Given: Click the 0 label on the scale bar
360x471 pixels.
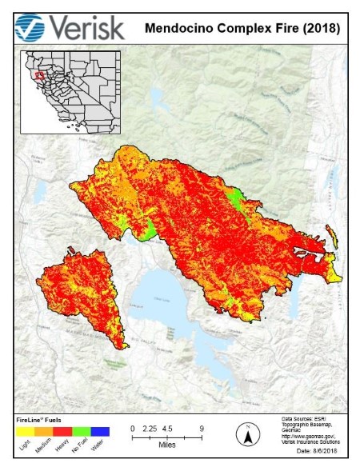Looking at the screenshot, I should (133, 429).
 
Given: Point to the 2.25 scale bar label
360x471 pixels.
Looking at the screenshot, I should (148, 429).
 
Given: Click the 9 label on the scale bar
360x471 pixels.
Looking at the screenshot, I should (202, 429).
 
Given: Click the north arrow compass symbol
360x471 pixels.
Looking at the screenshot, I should (248, 436).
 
